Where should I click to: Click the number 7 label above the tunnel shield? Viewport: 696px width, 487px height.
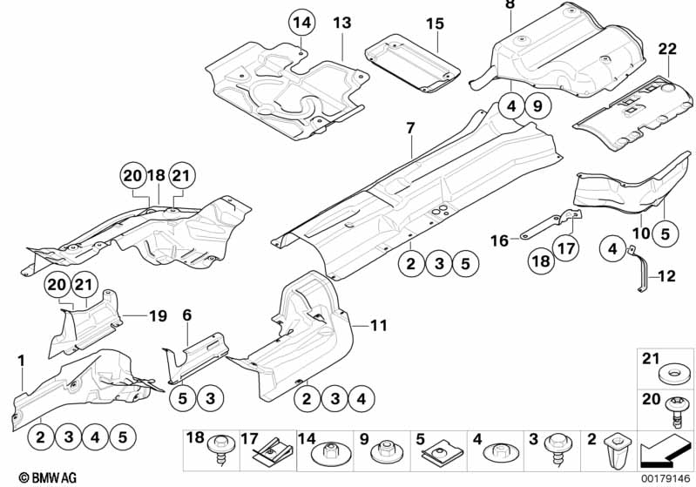click(x=410, y=129)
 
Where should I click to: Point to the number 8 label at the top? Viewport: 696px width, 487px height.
click(x=510, y=6)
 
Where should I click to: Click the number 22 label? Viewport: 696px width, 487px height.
click(x=667, y=51)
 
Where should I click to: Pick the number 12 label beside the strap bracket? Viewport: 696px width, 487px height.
click(x=666, y=278)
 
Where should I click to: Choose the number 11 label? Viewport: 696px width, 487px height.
click(x=377, y=326)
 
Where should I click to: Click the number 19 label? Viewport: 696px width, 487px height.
click(x=156, y=315)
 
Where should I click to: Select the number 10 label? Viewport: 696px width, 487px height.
click(x=639, y=234)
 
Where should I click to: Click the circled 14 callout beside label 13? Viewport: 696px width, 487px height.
click(x=301, y=23)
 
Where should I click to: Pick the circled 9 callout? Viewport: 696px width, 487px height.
click(x=537, y=107)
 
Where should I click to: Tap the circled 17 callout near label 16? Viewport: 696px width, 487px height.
click(x=566, y=249)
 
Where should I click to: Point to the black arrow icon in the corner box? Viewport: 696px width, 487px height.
click(x=659, y=453)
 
